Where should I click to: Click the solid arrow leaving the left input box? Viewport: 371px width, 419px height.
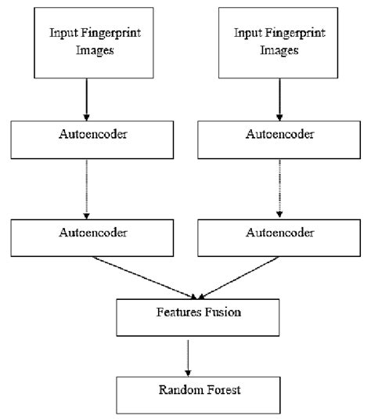(87, 99)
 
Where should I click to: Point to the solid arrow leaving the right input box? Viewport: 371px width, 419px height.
(279, 99)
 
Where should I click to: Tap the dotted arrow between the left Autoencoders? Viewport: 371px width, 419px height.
(87, 189)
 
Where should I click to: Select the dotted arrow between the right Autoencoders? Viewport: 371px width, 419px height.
(279, 189)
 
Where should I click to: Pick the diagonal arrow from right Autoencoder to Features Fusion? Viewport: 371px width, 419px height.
(235, 277)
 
